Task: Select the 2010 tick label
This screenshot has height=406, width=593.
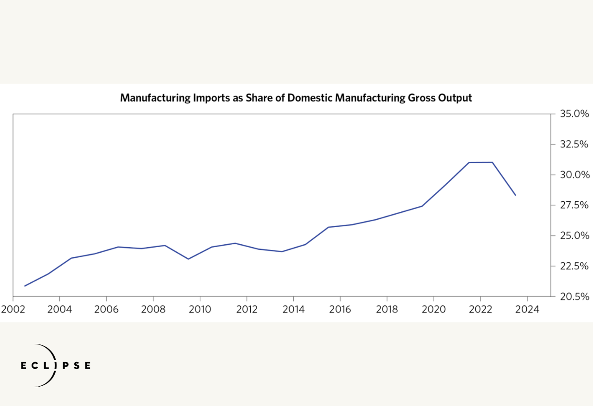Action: (200, 309)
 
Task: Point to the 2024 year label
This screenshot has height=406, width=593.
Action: (527, 309)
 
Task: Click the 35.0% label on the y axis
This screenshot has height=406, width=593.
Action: (574, 114)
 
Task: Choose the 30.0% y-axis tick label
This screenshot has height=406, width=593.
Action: (574, 175)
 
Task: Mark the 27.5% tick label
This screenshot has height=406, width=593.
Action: (574, 205)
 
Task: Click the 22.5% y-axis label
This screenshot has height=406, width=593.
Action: (574, 266)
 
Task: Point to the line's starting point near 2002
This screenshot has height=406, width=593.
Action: (25, 286)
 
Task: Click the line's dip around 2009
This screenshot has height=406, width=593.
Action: (188, 259)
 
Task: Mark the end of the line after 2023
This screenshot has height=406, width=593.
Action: (516, 195)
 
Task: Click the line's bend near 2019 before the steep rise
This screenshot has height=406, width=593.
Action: (422, 206)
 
